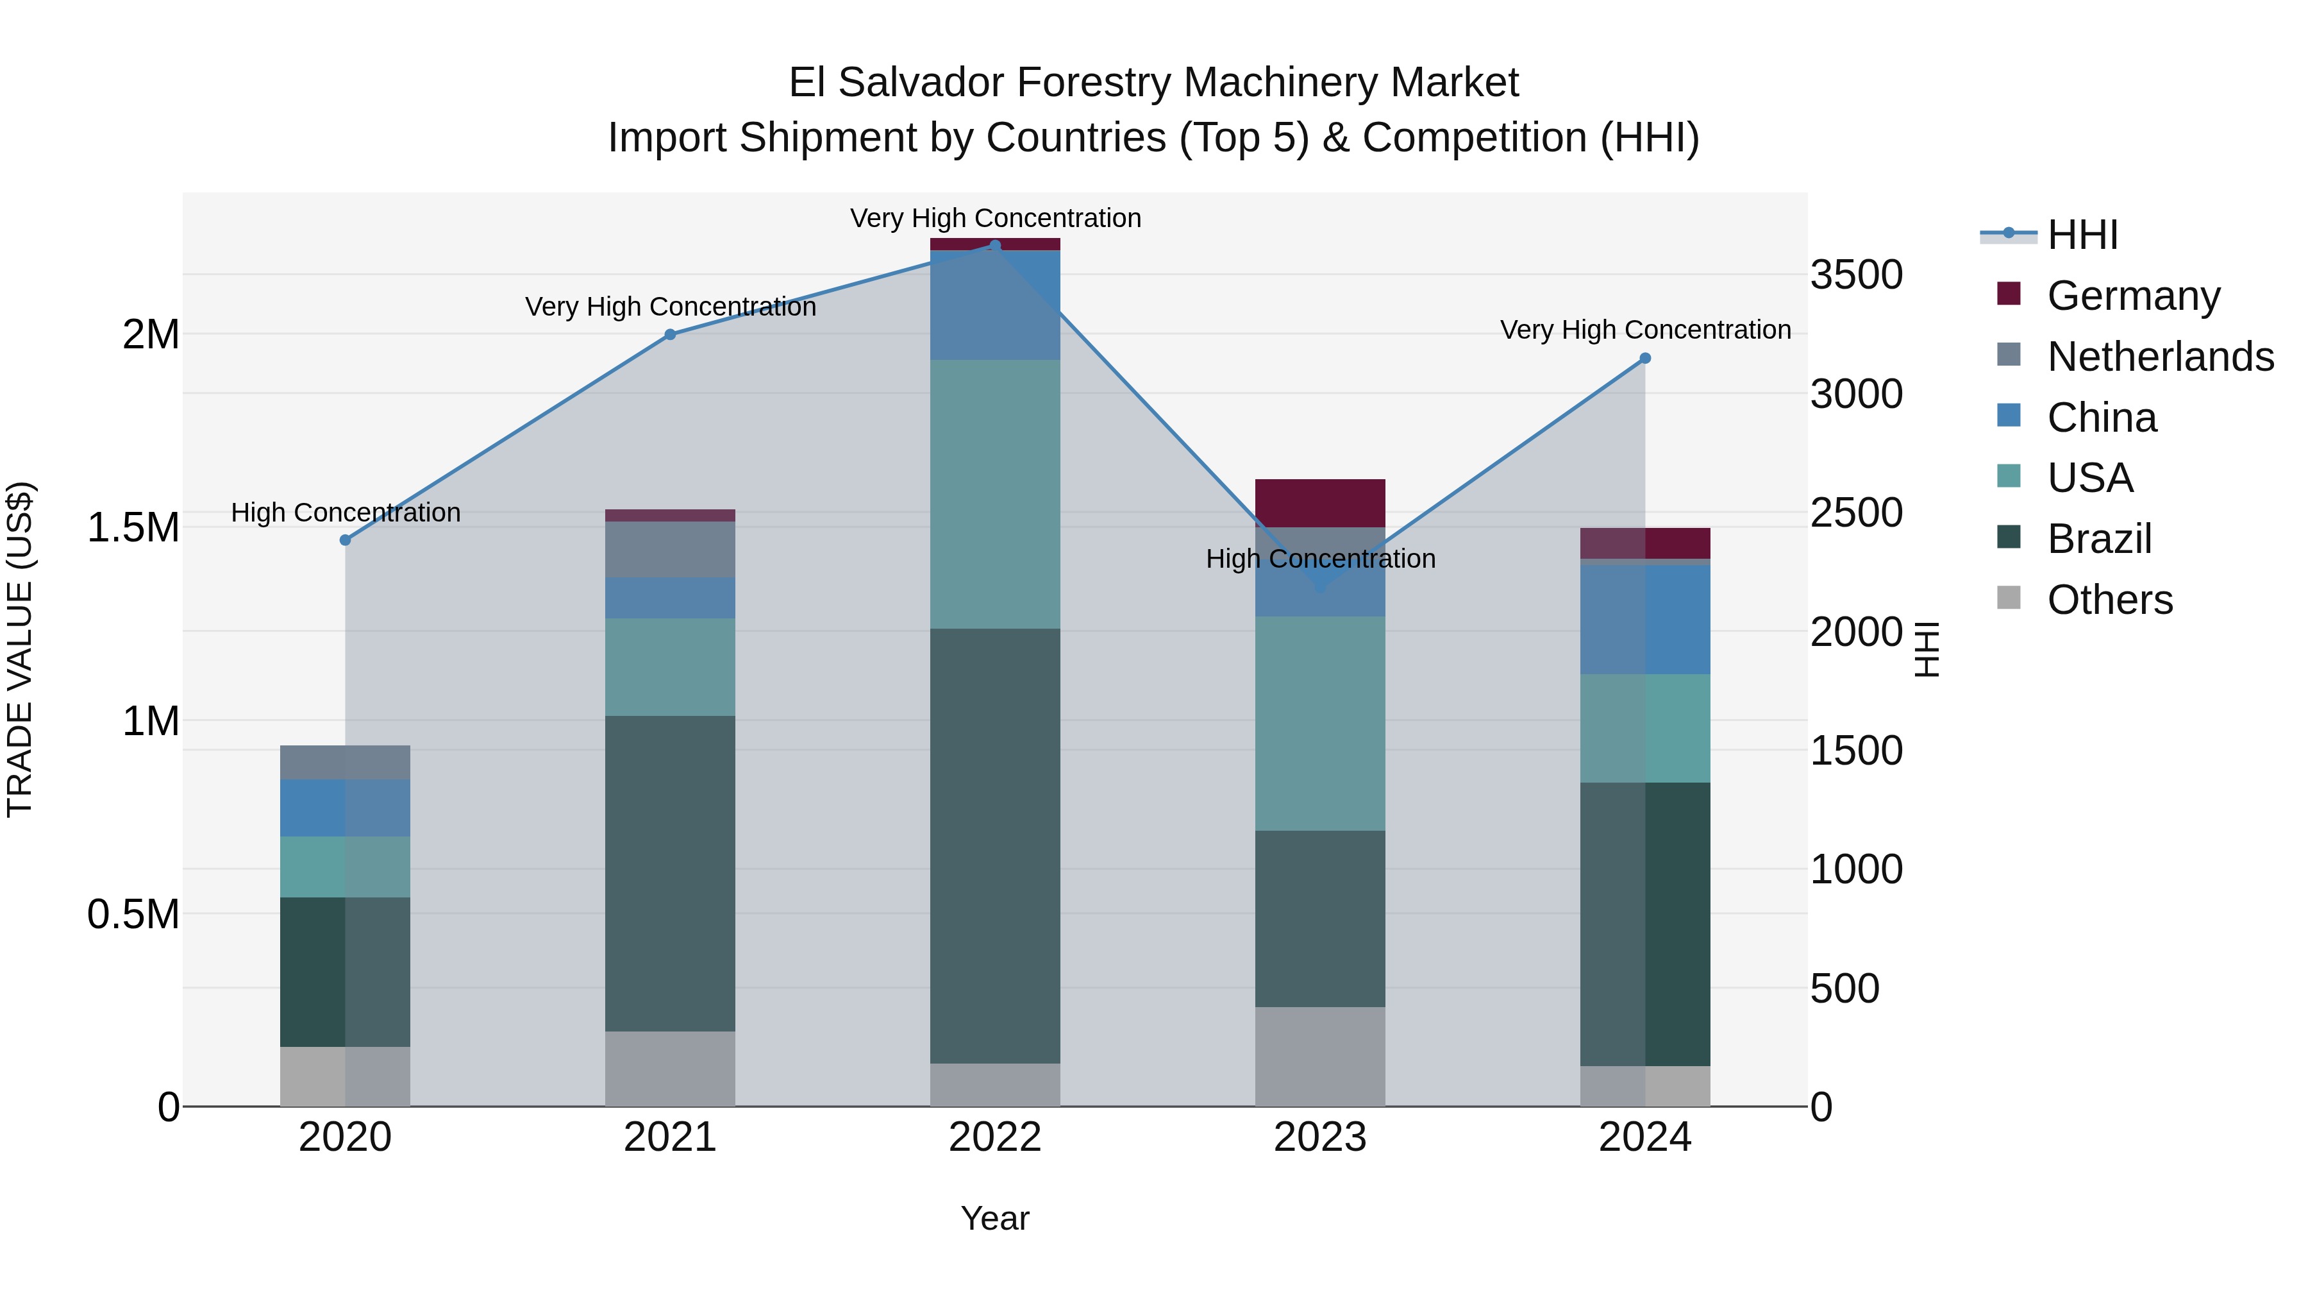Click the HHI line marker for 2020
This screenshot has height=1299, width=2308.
[x=345, y=539]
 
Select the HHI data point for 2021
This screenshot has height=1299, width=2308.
[x=670, y=334]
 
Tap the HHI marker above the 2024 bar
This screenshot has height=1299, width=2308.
[x=1645, y=359]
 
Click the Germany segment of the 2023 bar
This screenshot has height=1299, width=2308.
[x=1320, y=503]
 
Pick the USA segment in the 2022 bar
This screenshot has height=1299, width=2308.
[x=994, y=494]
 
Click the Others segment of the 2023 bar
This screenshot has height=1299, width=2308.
[x=1320, y=1056]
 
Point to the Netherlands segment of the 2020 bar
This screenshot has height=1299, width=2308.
[x=345, y=762]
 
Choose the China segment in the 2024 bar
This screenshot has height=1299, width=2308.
[x=1645, y=618]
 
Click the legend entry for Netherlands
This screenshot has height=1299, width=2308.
[x=2159, y=357]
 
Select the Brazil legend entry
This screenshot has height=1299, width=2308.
[x=2098, y=539]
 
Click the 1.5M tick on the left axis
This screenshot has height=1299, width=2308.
[x=133, y=527]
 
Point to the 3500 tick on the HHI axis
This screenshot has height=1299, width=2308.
[x=1855, y=275]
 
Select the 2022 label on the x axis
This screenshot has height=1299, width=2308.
[x=994, y=1137]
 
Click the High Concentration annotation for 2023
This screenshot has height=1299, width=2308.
[x=1320, y=559]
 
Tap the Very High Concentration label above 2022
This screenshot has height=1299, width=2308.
[x=994, y=218]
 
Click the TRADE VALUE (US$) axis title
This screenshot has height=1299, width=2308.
[x=20, y=649]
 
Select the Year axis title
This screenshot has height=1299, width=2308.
[x=994, y=1218]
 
